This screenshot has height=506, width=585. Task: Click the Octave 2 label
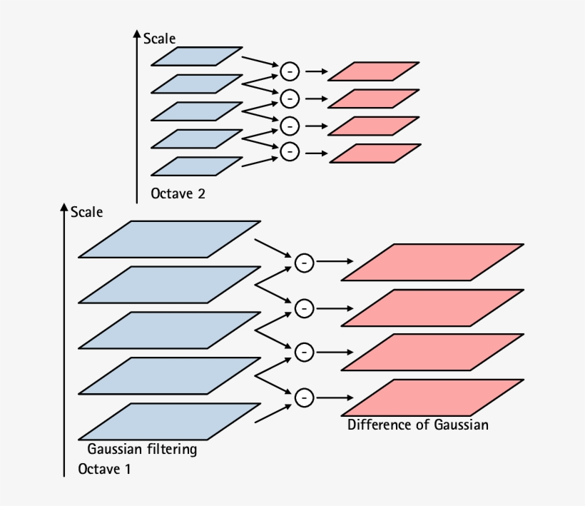tap(178, 193)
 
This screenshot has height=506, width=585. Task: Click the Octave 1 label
tap(104, 470)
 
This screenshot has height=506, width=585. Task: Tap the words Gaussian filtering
tap(141, 450)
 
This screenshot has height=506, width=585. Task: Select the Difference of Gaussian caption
tap(417, 425)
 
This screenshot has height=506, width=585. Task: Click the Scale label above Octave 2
tap(159, 39)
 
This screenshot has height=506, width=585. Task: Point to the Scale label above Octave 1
tap(86, 212)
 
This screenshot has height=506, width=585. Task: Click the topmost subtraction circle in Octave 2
tap(290, 71)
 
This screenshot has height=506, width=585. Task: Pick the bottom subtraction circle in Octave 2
tap(290, 151)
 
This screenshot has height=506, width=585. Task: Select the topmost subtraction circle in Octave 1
tap(304, 263)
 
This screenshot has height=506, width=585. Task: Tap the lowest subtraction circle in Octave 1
tap(304, 397)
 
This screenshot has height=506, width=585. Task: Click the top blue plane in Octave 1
tap(169, 239)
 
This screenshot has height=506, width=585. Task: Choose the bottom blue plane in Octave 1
tap(169, 421)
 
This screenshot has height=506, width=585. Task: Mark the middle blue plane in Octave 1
tap(169, 330)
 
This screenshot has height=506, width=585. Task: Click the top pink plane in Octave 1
tap(432, 263)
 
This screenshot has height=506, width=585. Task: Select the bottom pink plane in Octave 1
tap(432, 398)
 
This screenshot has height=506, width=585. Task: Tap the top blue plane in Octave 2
tap(197, 56)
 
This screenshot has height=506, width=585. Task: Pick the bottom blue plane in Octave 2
tap(197, 166)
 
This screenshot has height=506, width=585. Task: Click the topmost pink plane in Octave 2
tap(373, 71)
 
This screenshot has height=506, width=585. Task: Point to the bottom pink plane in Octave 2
tap(373, 153)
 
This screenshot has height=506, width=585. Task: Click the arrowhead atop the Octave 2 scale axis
tap(136, 34)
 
